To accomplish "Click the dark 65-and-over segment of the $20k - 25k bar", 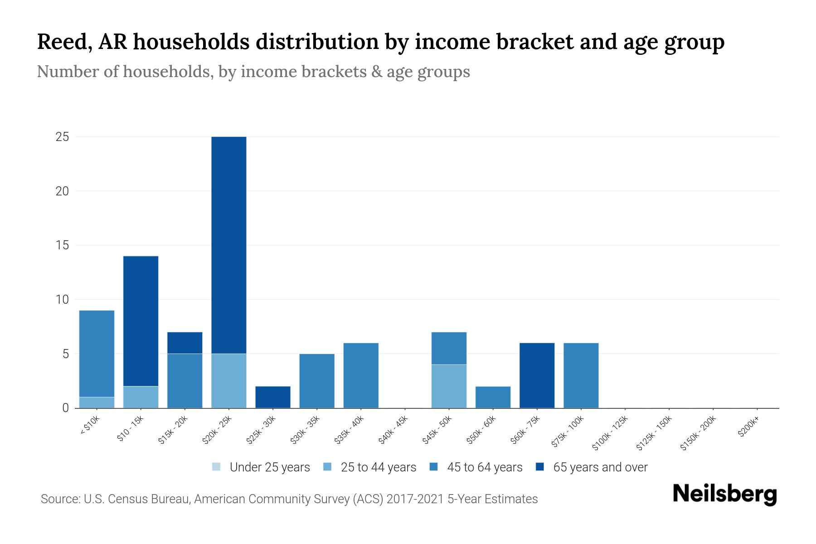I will click(x=229, y=245).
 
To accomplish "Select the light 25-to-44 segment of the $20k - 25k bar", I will click(x=229, y=381).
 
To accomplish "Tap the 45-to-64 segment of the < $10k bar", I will click(x=97, y=354).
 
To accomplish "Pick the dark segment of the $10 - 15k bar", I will click(x=141, y=321).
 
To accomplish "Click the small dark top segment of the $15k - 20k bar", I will click(x=185, y=343).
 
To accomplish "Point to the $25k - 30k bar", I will click(x=273, y=397).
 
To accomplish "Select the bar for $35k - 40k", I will click(x=361, y=375).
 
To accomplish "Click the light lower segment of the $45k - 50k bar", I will click(x=449, y=386).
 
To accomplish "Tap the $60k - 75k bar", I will click(x=537, y=375).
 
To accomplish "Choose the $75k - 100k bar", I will click(x=581, y=375).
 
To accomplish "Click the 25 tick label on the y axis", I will click(x=62, y=137).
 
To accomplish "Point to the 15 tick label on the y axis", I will click(x=62, y=245).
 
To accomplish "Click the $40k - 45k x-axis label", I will click(x=393, y=430).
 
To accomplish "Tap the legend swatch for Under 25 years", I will click(x=217, y=467).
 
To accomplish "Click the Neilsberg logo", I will click(x=724, y=494).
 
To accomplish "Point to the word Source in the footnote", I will click(x=59, y=499).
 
